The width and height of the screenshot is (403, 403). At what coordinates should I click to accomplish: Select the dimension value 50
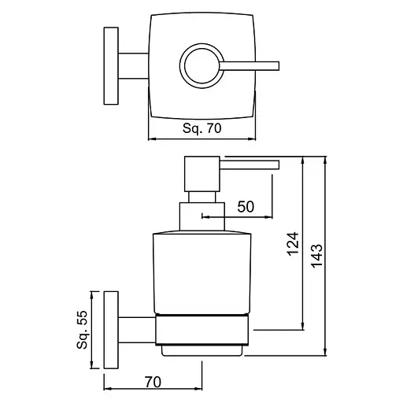click(x=245, y=207)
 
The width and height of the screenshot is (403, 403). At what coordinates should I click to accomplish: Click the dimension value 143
click(x=316, y=256)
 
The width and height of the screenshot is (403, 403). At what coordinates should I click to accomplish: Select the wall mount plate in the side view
click(x=110, y=329)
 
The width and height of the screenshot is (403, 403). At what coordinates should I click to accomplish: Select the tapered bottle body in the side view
click(x=202, y=272)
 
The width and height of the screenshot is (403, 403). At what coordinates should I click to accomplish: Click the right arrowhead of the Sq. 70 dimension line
click(x=255, y=140)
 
